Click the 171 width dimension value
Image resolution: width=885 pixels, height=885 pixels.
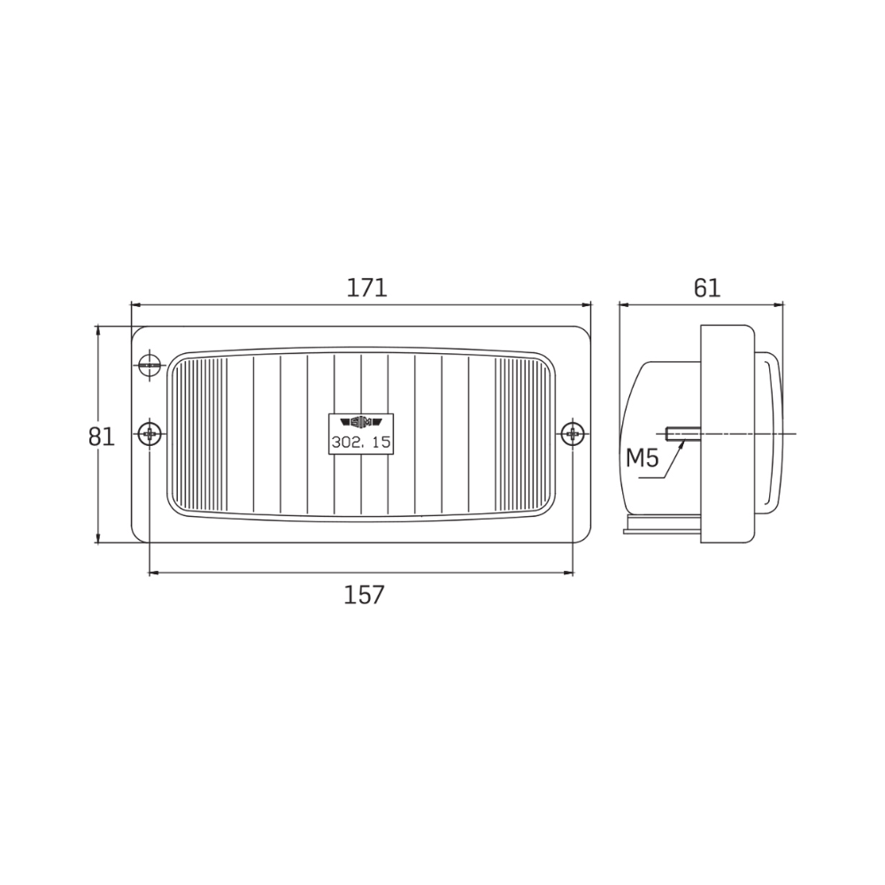tap(367, 288)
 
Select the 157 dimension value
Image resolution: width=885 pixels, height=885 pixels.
tap(364, 595)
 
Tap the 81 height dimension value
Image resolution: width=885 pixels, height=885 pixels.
tap(102, 437)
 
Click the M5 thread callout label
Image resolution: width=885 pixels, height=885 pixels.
tap(643, 458)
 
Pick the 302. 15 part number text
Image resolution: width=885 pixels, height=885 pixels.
tap(361, 442)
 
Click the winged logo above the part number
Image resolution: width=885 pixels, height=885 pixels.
tap(361, 422)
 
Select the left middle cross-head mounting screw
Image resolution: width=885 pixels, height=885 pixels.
tap(150, 434)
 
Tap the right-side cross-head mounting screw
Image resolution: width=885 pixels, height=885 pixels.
tap(573, 434)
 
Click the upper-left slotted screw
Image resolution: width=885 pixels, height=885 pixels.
tap(150, 366)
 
